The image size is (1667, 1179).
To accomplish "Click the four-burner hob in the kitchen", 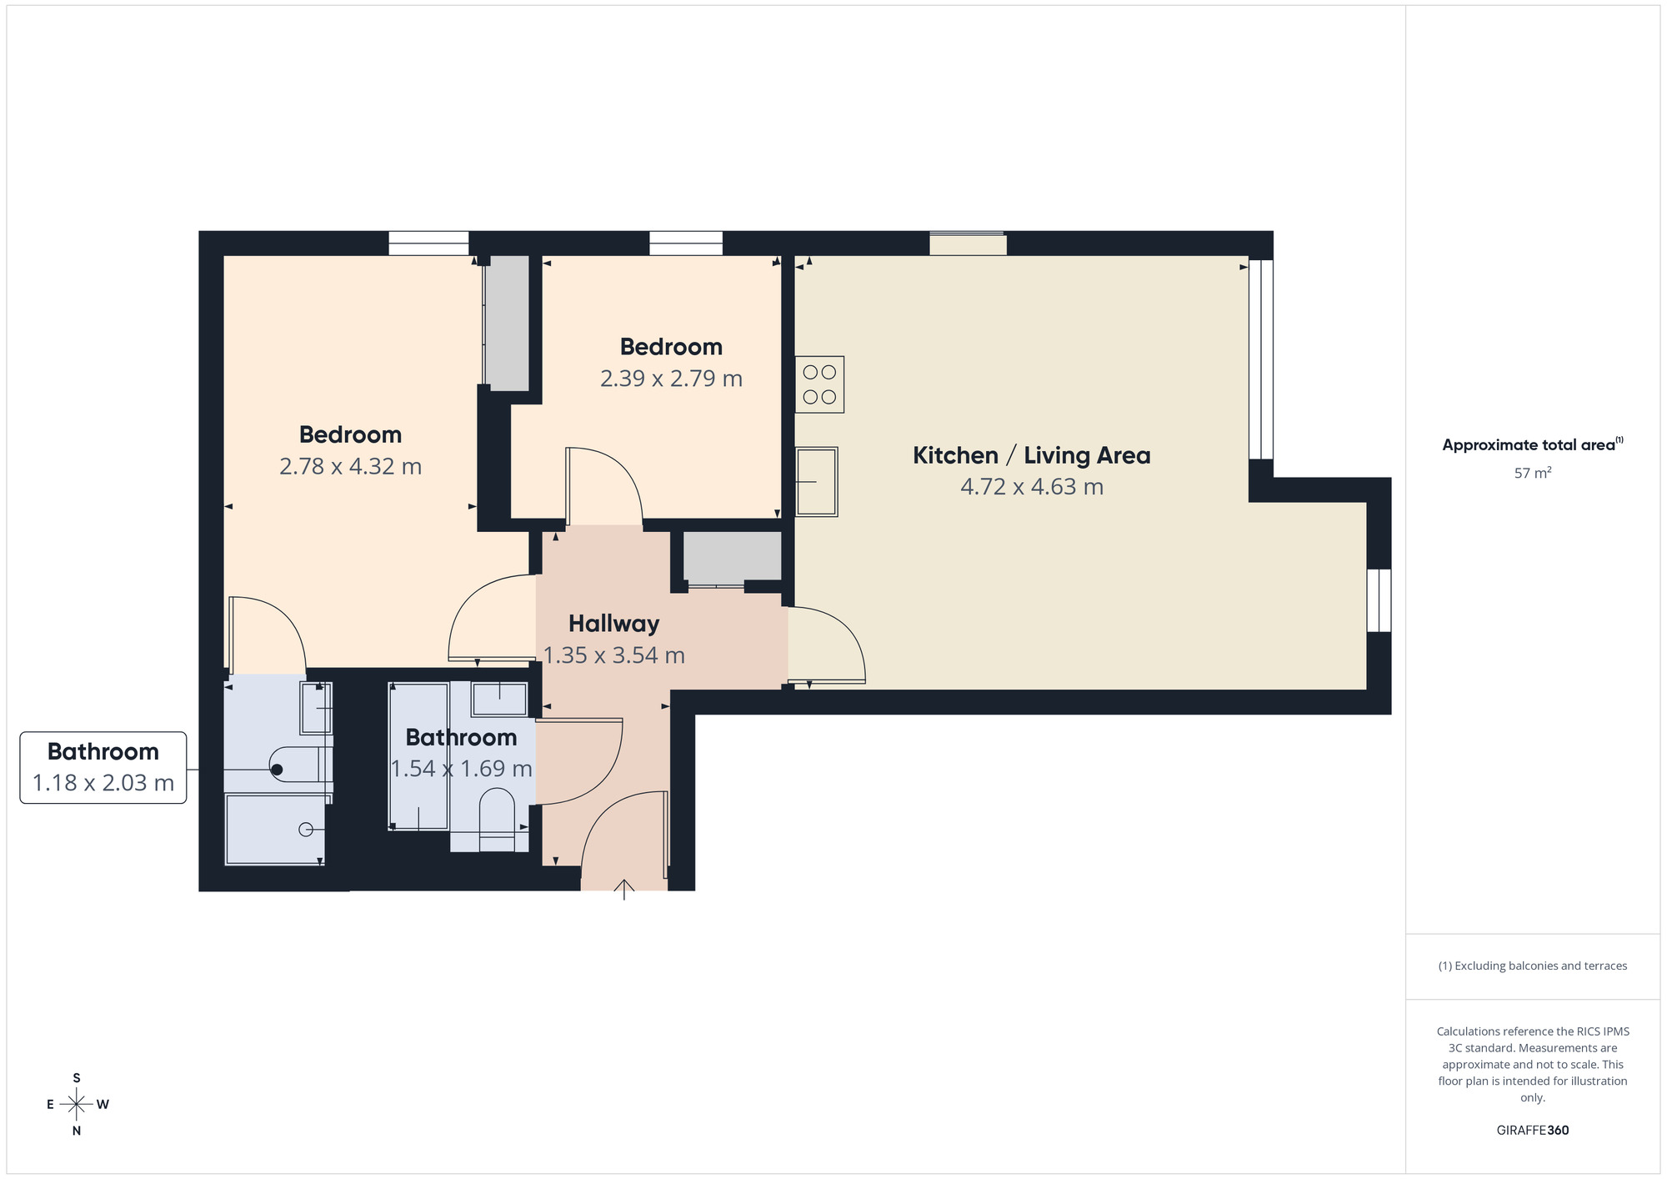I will [819, 384].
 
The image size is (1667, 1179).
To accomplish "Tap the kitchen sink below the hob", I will [816, 482].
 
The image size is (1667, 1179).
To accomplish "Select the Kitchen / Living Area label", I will [1031, 455].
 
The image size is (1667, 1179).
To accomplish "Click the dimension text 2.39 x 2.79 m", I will [671, 379].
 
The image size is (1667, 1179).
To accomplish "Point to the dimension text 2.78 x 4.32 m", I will [350, 466].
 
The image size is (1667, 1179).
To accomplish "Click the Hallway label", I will [613, 624].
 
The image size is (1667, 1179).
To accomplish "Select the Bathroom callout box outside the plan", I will [103, 767].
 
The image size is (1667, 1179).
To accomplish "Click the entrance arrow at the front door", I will [624, 889].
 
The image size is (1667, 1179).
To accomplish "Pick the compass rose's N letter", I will [77, 1131].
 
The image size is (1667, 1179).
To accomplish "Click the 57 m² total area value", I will [1532, 473].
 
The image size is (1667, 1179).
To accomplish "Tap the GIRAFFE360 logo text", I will [1532, 1131].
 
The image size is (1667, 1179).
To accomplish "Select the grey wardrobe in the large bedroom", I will [508, 322].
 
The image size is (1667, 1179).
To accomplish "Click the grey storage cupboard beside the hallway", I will [732, 556].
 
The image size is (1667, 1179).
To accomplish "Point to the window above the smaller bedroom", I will [685, 243].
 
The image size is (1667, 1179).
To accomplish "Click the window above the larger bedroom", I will [428, 243].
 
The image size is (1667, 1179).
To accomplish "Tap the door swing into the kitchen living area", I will [825, 646].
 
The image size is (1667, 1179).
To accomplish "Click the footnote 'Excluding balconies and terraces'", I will [1532, 966].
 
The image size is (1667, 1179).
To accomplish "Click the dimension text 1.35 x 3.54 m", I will [613, 655].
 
